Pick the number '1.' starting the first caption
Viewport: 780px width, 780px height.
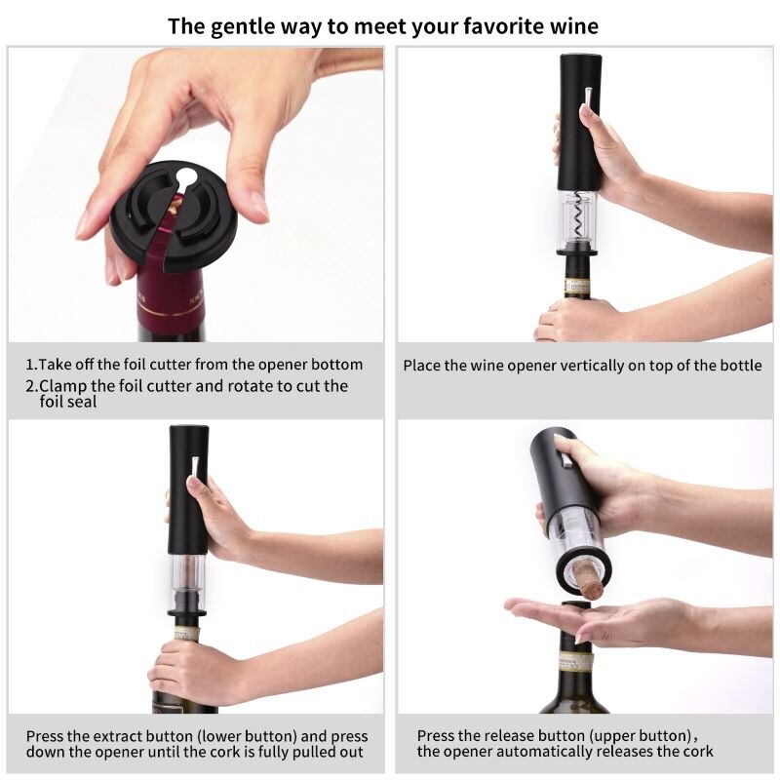tap(31, 365)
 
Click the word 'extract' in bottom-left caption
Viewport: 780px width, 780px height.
tap(124, 736)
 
